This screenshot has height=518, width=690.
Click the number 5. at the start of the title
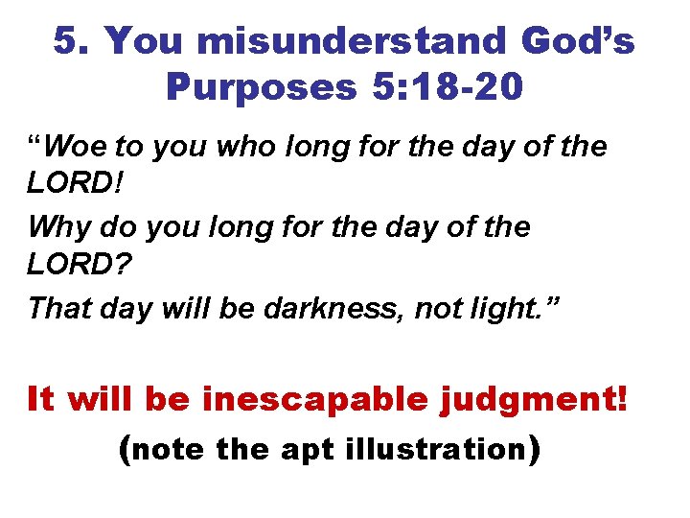click(x=70, y=41)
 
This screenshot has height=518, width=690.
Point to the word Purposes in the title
click(x=260, y=87)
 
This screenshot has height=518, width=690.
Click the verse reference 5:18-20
click(x=446, y=87)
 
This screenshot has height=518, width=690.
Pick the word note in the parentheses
click(x=171, y=448)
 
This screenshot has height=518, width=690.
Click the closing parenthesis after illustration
click(x=533, y=450)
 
